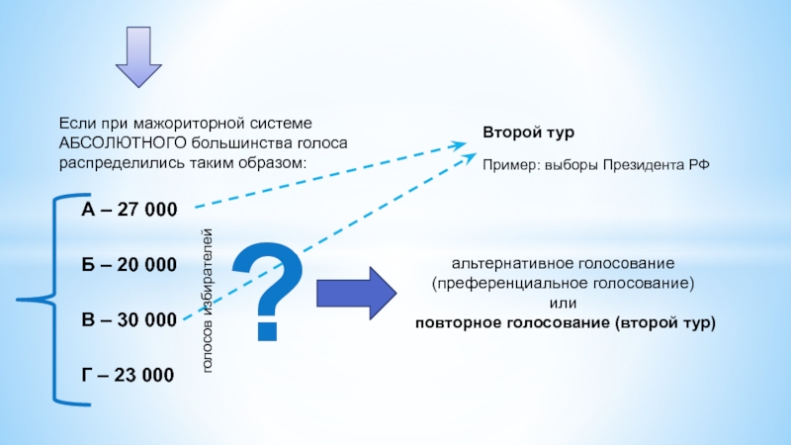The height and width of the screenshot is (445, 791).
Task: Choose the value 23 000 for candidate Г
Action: pyautogui.click(x=145, y=375)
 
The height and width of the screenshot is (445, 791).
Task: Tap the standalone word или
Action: pyautogui.click(x=563, y=304)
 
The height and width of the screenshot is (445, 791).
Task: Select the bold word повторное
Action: pyautogui.click(x=455, y=323)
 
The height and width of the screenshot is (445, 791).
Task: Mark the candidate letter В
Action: pyautogui.click(x=88, y=320)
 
